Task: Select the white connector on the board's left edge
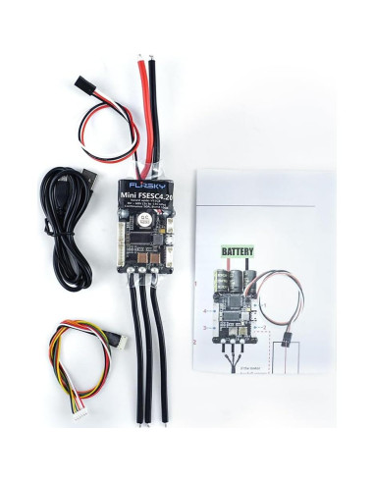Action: pyautogui.click(x=121, y=237)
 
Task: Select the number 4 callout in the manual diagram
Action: pyautogui.click(x=203, y=313)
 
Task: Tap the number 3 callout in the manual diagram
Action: pyautogui.click(x=203, y=335)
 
